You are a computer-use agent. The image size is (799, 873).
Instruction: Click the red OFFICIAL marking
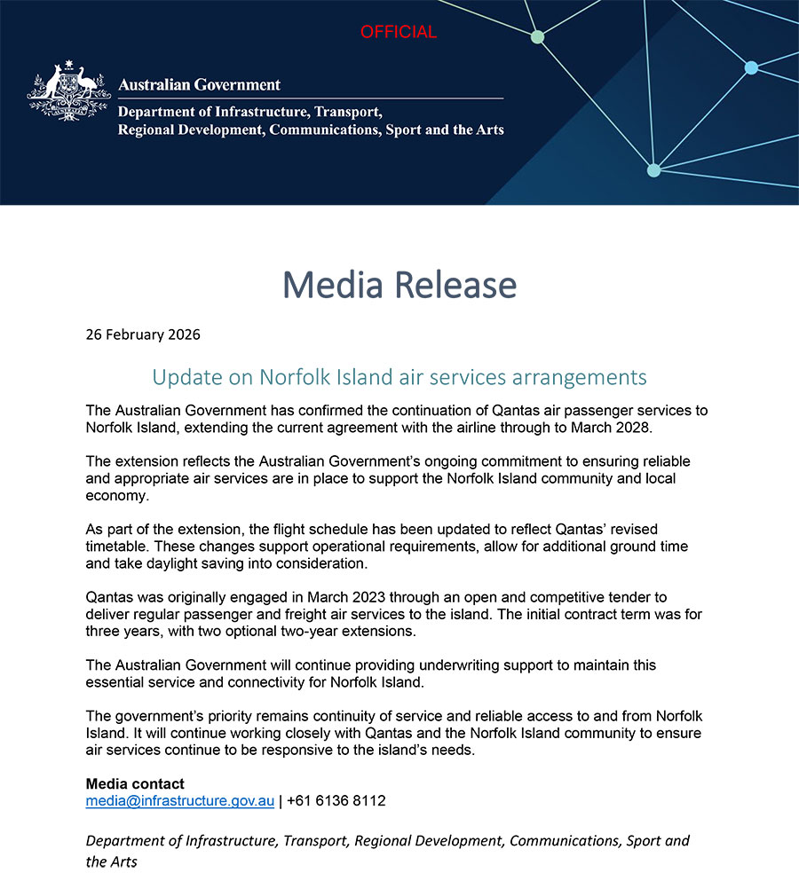[398, 32]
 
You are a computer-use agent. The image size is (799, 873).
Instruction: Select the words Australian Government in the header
[199, 85]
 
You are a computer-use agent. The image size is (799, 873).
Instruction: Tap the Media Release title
[399, 285]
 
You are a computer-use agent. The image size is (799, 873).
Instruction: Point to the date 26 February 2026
[143, 334]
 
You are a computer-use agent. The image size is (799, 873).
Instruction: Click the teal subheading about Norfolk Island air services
[399, 377]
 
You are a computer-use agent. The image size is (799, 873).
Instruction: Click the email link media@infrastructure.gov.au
[179, 800]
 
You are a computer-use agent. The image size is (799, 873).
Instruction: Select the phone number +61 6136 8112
[336, 800]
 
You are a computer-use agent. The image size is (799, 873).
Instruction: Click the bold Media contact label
[135, 783]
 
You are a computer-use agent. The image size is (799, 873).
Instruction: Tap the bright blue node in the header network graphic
[751, 67]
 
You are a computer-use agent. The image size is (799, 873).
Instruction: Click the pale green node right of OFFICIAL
[537, 37]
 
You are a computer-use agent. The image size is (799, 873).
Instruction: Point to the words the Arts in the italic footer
[112, 861]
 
